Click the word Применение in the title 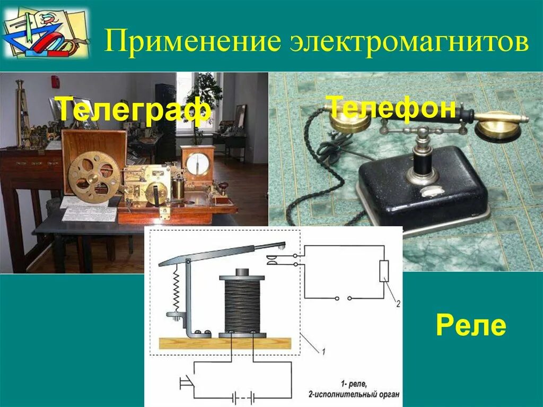[194, 41]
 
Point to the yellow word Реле [470, 325]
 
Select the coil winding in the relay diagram [242, 305]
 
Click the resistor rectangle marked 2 [384, 271]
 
